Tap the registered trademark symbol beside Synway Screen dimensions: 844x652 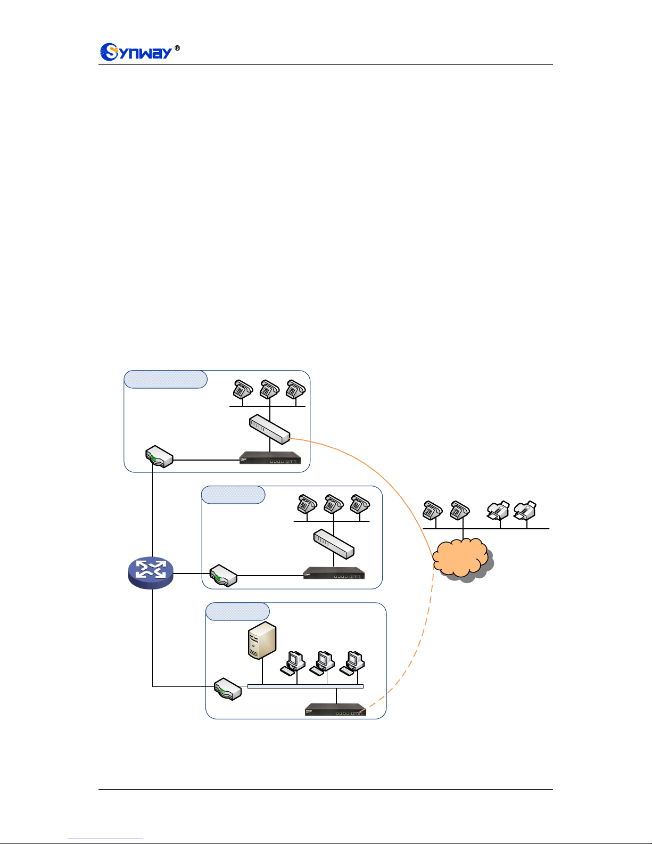177,48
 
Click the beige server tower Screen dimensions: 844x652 262,640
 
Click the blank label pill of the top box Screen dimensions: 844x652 165,379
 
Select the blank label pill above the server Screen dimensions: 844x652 237,611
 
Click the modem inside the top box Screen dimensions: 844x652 159,457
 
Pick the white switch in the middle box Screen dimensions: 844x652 334,544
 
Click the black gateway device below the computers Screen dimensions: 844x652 335,710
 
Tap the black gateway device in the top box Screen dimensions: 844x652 270,458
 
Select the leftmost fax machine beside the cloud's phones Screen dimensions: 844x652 498,510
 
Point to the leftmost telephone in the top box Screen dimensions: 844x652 243,389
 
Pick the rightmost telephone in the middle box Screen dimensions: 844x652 360,504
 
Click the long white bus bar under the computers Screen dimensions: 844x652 306,686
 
